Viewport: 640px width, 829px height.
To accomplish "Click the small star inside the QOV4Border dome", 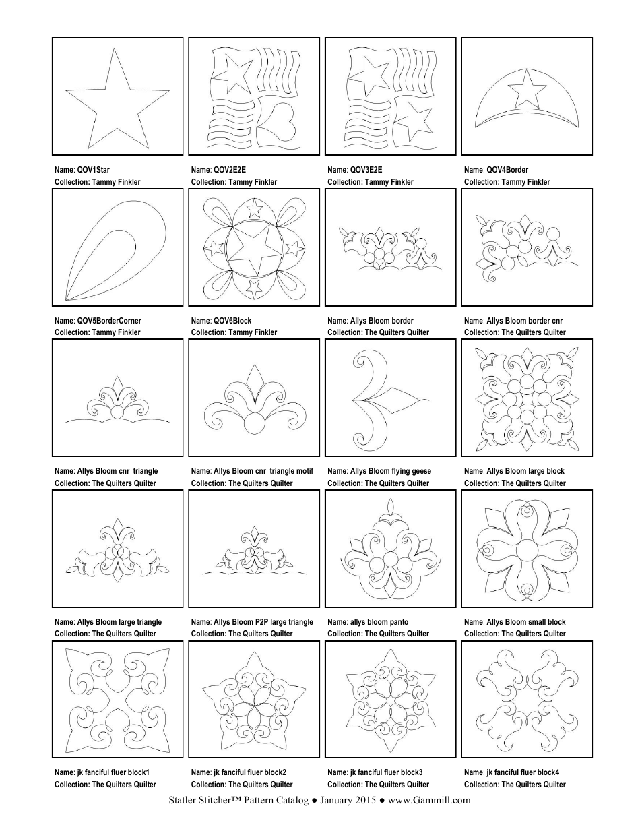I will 527,87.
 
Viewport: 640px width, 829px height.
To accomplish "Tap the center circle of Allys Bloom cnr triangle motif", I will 254,423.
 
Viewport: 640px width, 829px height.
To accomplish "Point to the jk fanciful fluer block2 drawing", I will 254,700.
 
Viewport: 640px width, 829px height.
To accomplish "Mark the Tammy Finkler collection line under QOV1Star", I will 98,182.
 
